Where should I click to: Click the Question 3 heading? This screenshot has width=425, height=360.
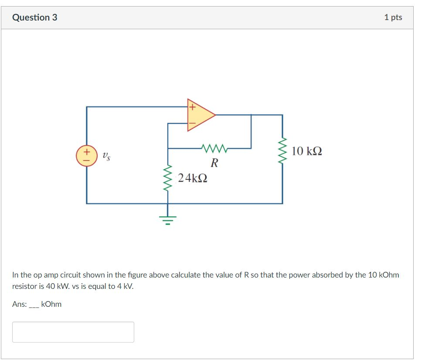coord(35,17)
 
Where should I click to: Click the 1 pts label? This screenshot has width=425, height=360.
coord(393,17)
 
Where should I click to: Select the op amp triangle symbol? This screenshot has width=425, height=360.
coord(200,115)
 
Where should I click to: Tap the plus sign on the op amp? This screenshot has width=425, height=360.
coord(191,106)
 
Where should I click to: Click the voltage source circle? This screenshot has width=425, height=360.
coord(86,156)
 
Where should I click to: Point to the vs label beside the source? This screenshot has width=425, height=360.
coord(106,155)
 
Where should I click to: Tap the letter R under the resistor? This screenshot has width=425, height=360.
coord(214,164)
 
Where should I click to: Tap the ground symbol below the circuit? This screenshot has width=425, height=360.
coord(168,219)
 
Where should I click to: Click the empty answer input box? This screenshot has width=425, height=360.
coord(73,332)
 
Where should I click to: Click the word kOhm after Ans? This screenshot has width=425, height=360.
coord(51,304)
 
